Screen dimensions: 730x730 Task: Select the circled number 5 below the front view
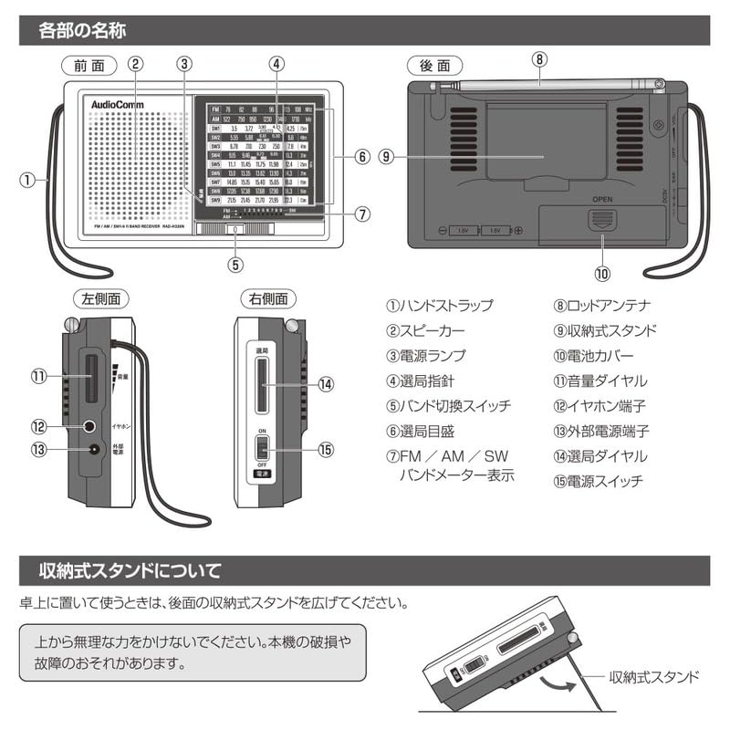coord(235,266)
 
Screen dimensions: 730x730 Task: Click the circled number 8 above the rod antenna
coord(540,58)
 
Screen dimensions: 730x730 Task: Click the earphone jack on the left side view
coord(89,425)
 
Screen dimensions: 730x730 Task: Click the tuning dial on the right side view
coord(262,383)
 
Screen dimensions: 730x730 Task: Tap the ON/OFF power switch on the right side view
coord(262,450)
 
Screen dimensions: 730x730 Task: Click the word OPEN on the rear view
coord(601,198)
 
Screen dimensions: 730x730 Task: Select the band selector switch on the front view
coord(235,230)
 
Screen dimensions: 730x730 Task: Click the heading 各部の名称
coord(82,30)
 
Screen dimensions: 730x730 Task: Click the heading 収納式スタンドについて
coord(129,572)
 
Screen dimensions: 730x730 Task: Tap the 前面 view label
coord(91,65)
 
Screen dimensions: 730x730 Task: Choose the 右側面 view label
coord(267,298)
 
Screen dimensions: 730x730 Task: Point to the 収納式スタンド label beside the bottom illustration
coord(653,676)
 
